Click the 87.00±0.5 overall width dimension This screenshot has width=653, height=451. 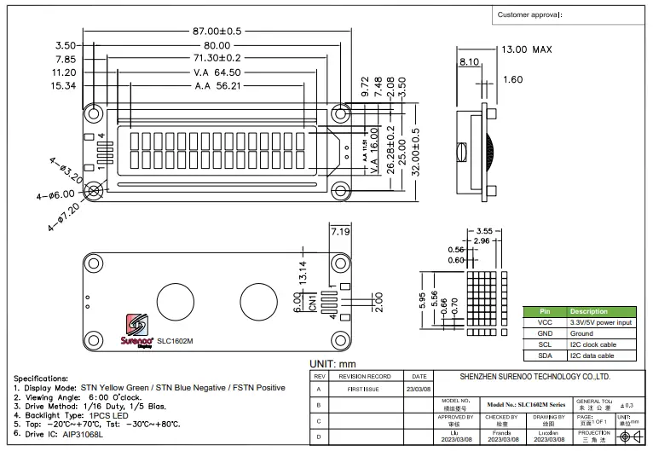pos(217,32)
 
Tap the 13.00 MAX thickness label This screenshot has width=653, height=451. pos(531,49)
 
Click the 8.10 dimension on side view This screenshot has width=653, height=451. pos(469,62)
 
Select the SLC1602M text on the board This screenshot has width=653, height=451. pos(175,341)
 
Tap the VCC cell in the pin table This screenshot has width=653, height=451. pos(545,323)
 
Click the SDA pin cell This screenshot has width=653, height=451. pos(545,356)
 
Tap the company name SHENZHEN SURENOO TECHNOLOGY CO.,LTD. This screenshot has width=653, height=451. pos(535,376)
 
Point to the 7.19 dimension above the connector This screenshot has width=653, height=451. pos(340,232)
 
